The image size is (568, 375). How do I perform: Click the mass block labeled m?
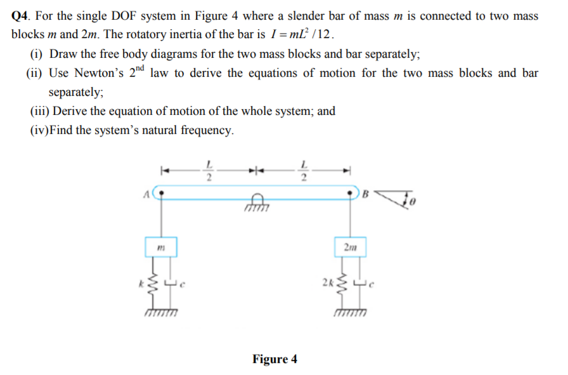click(x=162, y=247)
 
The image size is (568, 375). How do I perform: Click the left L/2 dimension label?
click(x=209, y=172)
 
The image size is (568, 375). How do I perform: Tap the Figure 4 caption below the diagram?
click(x=274, y=359)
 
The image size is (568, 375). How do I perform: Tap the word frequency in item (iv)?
click(x=204, y=131)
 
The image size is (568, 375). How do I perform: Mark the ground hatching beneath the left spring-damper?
click(x=162, y=313)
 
